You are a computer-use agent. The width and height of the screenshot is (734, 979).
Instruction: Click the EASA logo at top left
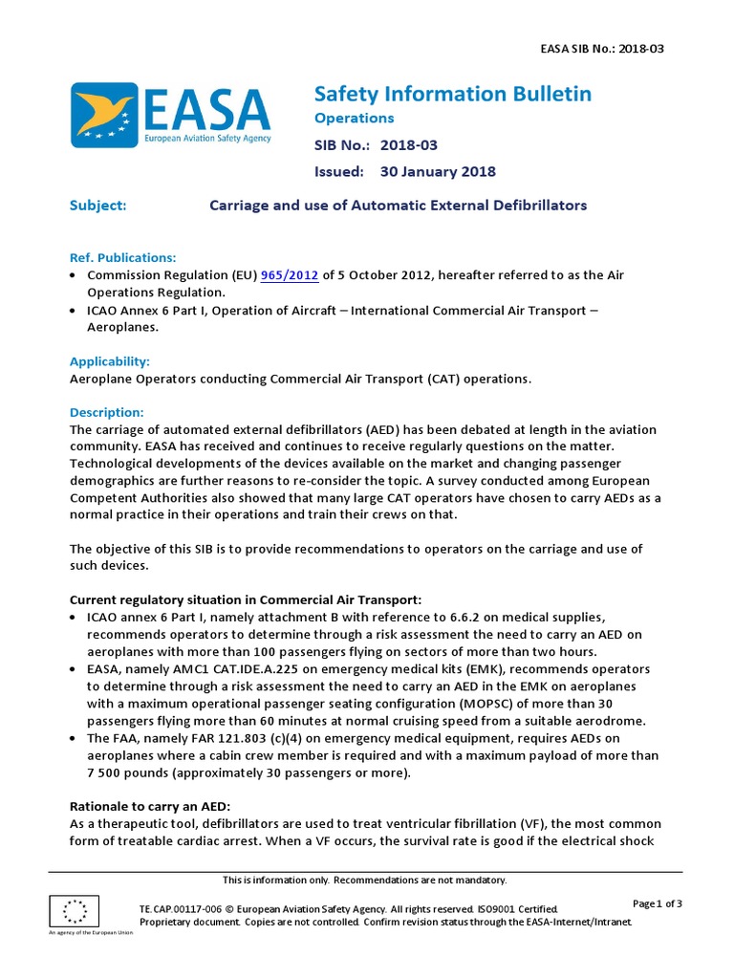(x=170, y=115)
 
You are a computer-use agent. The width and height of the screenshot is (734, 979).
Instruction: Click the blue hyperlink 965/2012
(x=290, y=275)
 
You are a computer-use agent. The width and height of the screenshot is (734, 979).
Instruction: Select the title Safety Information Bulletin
(x=453, y=94)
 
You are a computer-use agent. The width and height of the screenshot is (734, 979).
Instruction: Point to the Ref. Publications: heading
(x=123, y=258)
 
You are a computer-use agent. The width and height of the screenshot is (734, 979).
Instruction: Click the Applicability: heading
(x=110, y=361)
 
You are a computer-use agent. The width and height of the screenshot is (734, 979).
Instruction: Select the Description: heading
(x=107, y=413)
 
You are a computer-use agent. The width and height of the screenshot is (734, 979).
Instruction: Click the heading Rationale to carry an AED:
(x=149, y=806)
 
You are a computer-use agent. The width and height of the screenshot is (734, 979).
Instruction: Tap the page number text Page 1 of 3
(x=658, y=903)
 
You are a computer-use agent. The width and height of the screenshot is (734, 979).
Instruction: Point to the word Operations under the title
(x=355, y=119)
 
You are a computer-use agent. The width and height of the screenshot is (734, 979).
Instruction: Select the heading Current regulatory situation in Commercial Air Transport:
(x=246, y=599)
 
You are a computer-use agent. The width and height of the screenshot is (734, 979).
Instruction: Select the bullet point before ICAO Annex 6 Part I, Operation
(x=76, y=311)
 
